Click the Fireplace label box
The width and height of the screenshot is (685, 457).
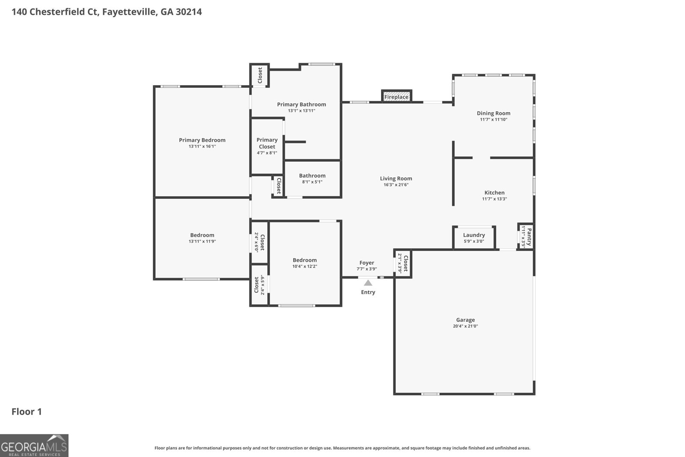[x=396, y=97]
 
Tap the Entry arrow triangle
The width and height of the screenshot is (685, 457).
[x=368, y=283]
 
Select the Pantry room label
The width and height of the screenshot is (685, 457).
[x=529, y=236]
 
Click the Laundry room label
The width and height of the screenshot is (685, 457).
[x=474, y=235]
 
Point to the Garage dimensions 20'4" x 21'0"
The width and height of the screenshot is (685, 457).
[x=465, y=326]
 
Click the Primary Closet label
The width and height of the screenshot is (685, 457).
[x=267, y=143]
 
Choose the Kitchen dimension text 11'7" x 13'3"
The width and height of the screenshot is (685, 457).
[x=494, y=199]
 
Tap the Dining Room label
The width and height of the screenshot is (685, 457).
[x=494, y=113]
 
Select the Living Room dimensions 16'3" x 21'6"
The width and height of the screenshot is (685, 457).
[x=396, y=185]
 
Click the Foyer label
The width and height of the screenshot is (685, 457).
[x=366, y=263]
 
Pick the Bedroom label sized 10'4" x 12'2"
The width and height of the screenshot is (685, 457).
[x=305, y=260]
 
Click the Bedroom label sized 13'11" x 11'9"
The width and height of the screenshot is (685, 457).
[x=202, y=235]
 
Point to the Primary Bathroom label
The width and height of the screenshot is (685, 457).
[x=301, y=104]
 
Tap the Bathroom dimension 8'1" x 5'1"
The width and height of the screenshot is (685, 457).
[x=312, y=182]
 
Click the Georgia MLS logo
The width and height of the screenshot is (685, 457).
[x=34, y=445]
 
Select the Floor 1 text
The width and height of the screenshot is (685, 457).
[x=27, y=412]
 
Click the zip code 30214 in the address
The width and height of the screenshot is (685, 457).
[x=188, y=12]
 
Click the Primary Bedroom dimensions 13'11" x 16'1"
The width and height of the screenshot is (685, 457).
[x=202, y=146]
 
